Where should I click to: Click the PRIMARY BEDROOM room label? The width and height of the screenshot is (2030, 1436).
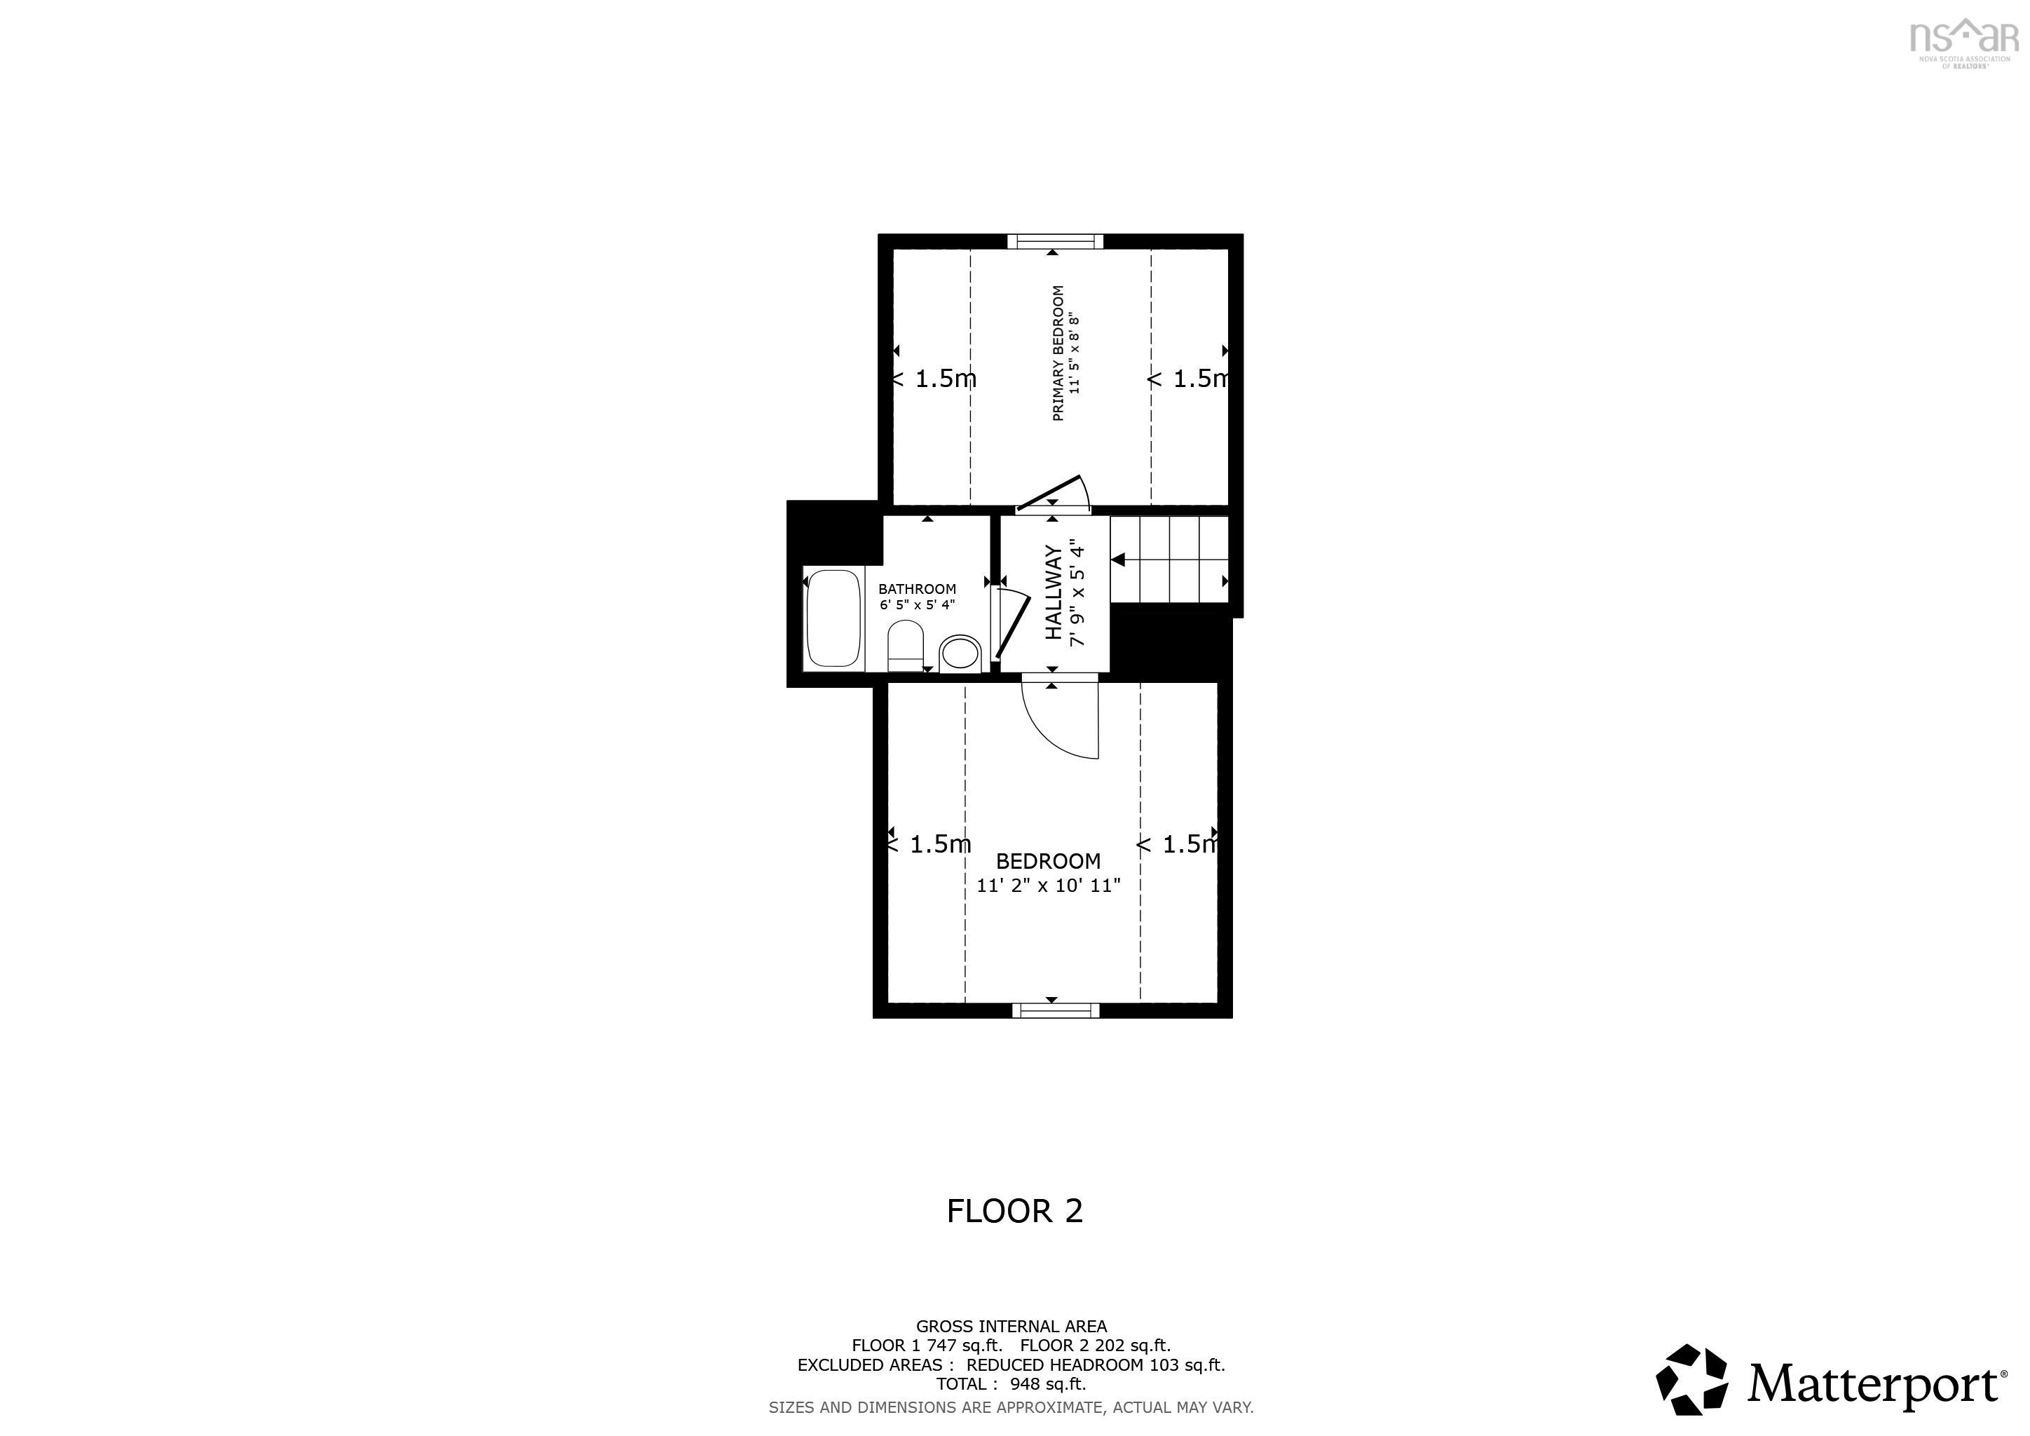point(1058,353)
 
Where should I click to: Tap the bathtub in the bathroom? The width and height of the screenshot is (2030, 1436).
point(833,618)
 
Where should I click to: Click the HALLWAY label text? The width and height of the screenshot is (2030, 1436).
point(1054,592)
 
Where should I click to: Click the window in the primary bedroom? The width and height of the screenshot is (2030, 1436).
point(1056,241)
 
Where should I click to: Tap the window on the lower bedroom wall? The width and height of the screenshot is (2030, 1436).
point(1056,1010)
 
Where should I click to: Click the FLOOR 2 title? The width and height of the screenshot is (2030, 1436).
point(1015,1210)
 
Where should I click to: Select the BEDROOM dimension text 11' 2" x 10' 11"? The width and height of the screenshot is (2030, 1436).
point(1049,885)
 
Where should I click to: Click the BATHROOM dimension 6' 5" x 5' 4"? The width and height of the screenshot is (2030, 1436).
point(917,605)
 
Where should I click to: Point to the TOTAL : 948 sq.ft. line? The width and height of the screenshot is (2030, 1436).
point(1011,1384)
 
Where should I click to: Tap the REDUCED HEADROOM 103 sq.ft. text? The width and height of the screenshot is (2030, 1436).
point(1096,1364)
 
